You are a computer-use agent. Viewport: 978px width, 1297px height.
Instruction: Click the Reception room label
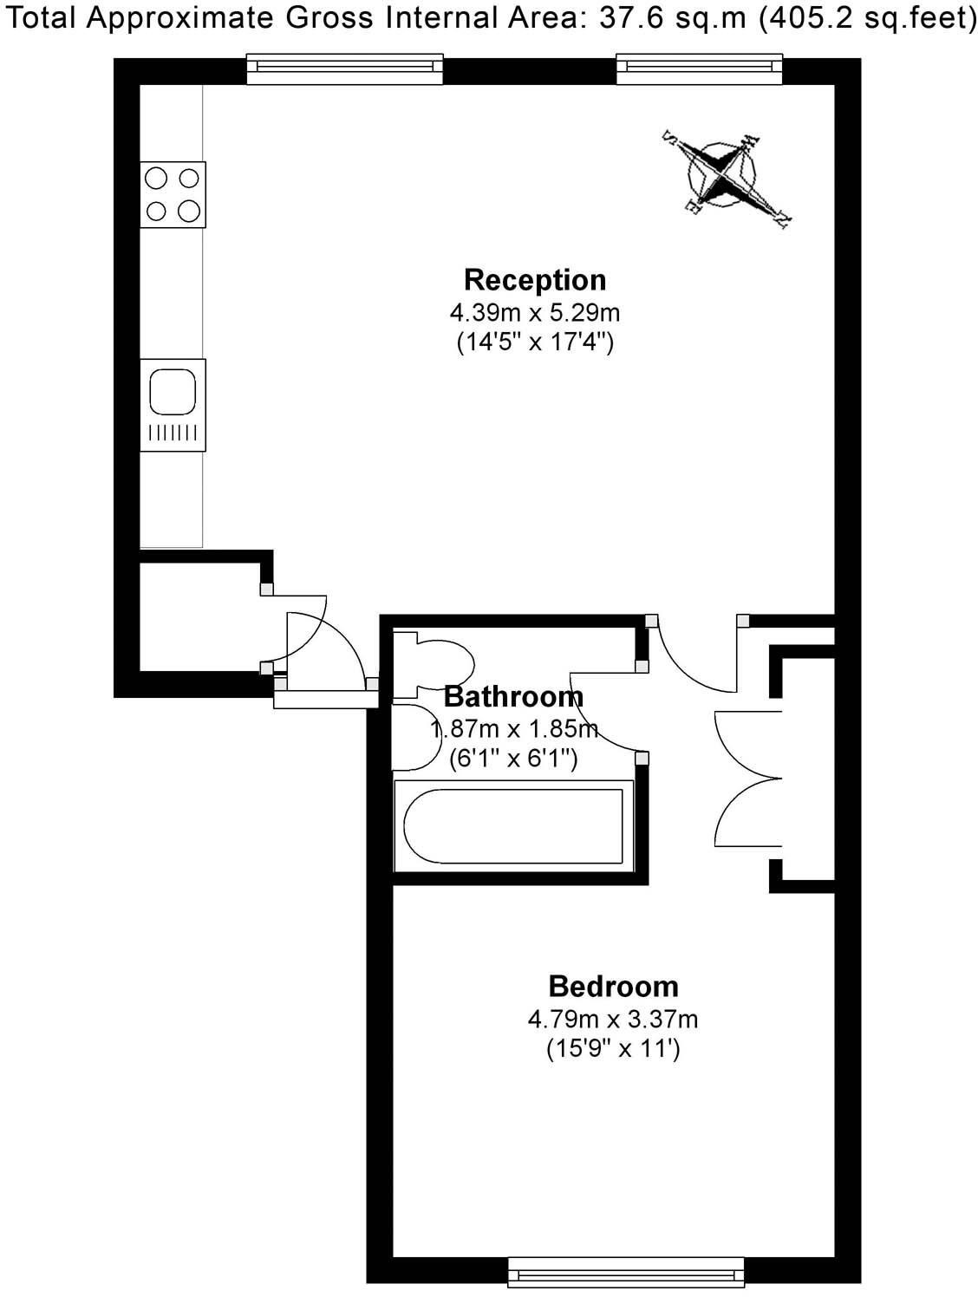[535, 280]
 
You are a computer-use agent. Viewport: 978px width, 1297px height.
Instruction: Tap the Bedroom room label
[613, 987]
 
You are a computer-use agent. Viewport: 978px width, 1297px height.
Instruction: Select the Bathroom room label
[513, 696]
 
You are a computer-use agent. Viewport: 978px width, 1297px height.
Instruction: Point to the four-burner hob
[173, 194]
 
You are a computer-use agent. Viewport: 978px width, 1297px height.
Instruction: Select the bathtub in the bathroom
[513, 826]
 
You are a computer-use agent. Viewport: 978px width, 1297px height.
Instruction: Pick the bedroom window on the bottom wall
[626, 1273]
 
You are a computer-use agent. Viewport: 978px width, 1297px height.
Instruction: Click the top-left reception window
[345, 68]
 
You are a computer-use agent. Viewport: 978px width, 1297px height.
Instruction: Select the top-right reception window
[699, 68]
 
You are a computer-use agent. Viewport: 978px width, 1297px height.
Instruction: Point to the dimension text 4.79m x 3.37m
[613, 1019]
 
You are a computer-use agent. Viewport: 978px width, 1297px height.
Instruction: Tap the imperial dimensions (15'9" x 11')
[613, 1049]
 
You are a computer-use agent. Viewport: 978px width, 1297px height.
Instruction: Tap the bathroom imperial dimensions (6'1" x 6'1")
[513, 759]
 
